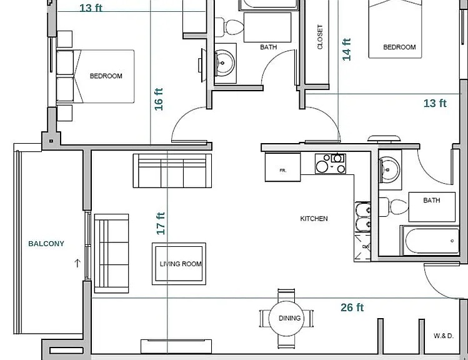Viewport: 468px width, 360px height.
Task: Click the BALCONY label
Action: point(46,244)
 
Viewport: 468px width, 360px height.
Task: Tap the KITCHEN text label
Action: point(314,219)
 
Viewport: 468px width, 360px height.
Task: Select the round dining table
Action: point(286,318)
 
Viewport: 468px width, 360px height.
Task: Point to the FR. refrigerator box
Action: point(282,167)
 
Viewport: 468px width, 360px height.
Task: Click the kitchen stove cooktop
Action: point(331,163)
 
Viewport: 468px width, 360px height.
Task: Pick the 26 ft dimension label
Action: point(352,307)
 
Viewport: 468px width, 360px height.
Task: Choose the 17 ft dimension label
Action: point(161,223)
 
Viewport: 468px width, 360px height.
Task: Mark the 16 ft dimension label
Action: point(159,99)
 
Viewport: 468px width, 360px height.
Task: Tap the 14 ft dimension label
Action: point(346,49)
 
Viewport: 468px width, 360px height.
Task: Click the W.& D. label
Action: point(444,336)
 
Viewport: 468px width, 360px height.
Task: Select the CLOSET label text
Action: point(320,37)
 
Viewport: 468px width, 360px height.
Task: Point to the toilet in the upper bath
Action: point(229,27)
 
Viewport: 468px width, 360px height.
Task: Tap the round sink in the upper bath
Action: point(225,63)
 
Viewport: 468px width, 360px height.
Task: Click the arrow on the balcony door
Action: point(77,263)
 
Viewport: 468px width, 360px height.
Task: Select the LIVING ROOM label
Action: point(181,264)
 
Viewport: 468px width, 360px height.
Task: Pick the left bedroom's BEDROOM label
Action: point(106,76)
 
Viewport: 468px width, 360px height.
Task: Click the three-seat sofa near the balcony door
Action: point(112,253)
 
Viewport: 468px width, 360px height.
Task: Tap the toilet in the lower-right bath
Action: point(394,207)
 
